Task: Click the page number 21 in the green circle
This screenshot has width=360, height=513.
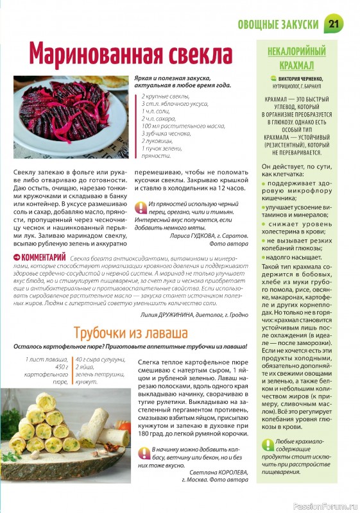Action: (334, 24)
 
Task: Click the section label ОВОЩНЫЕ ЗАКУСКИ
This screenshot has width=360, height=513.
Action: (278, 24)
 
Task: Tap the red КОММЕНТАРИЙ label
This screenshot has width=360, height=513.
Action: (40, 257)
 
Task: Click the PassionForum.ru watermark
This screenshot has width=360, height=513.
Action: (325, 506)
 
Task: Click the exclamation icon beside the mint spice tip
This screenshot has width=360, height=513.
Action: (141, 206)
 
